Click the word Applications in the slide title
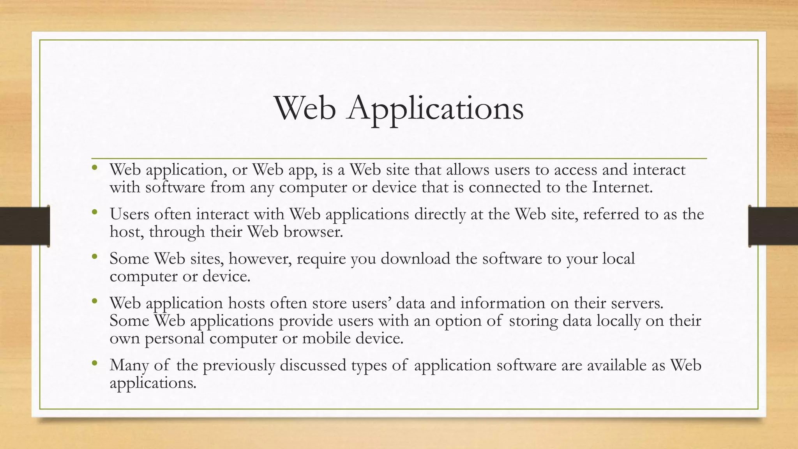436,109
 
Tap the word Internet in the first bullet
622,187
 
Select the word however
260,259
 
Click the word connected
505,187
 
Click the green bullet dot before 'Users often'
94,212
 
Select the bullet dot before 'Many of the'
94,364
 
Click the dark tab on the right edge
773,226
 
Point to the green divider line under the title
399,159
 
